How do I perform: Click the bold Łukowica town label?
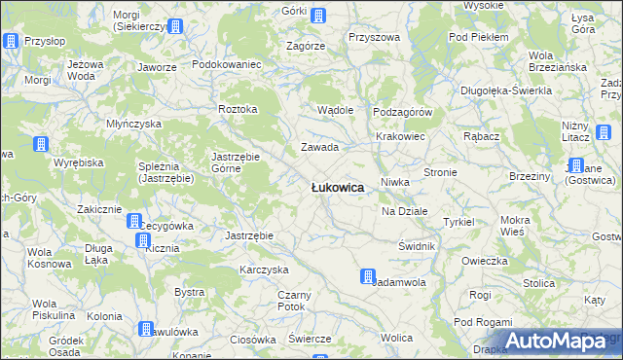pyautogui.click(x=338, y=188)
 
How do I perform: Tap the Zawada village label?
pyautogui.click(x=318, y=148)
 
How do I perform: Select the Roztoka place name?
pyautogui.click(x=238, y=109)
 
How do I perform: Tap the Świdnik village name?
pyautogui.click(x=417, y=246)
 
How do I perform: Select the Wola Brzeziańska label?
pyautogui.click(x=556, y=61)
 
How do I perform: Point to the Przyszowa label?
pyautogui.click(x=375, y=37)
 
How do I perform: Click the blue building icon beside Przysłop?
pyautogui.click(x=11, y=41)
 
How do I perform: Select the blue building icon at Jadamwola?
pyautogui.click(x=368, y=276)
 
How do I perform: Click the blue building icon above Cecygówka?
pyautogui.click(x=134, y=222)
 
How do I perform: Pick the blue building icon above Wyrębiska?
pyautogui.click(x=41, y=145)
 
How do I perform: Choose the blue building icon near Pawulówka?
pyautogui.click(x=145, y=330)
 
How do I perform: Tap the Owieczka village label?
pyautogui.click(x=486, y=261)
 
